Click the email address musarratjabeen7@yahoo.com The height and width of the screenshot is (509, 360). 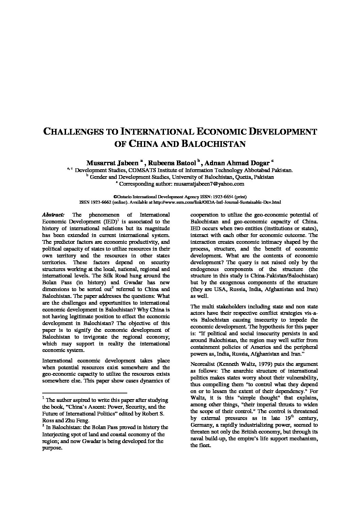[x=209, y=184]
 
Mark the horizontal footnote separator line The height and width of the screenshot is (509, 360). [x=84, y=392]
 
